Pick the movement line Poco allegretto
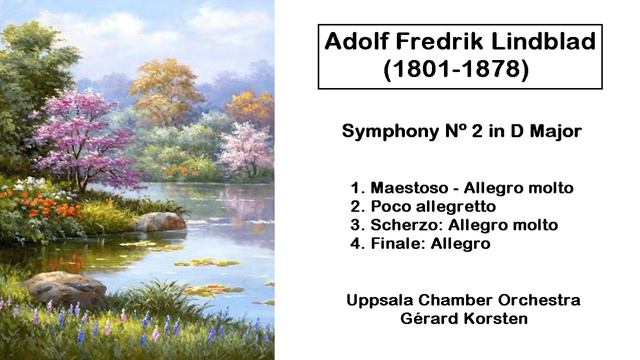(x=433, y=206)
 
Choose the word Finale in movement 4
(x=398, y=243)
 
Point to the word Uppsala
(x=381, y=300)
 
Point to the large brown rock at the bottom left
(x=65, y=287)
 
